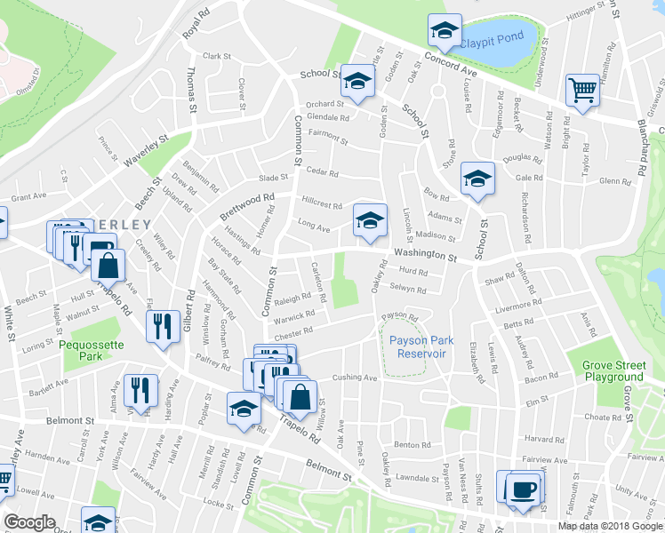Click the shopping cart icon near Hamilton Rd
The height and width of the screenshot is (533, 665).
pyautogui.click(x=581, y=88)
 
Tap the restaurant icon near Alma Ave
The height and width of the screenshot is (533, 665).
pyautogui.click(x=140, y=389)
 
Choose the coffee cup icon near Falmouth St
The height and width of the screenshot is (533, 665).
pyautogui.click(x=522, y=489)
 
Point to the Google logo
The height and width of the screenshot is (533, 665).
pyautogui.click(x=30, y=522)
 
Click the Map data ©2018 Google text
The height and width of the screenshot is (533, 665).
pyautogui.click(x=611, y=526)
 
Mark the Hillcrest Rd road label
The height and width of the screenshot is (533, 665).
pyautogui.click(x=322, y=203)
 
